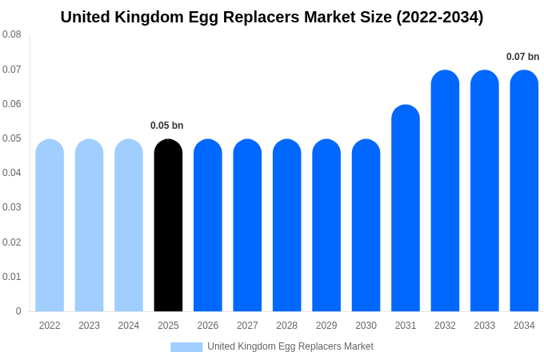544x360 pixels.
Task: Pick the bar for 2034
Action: pyautogui.click(x=524, y=191)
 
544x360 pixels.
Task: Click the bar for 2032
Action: pyautogui.click(x=445, y=191)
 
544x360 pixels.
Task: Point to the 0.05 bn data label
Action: pyautogui.click(x=167, y=126)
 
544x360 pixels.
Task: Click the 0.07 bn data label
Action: pyautogui.click(x=522, y=57)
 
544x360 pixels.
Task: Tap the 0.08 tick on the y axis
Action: pyautogui.click(x=12, y=34)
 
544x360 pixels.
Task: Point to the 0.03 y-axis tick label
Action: pyautogui.click(x=12, y=207)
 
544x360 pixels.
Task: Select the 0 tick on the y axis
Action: pyautogui.click(x=18, y=311)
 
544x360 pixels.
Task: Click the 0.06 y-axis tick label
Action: pyautogui.click(x=12, y=104)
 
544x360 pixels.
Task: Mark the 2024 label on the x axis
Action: pyautogui.click(x=129, y=326)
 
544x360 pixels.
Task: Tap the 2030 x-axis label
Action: pyautogui.click(x=366, y=326)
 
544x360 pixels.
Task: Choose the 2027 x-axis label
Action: pyautogui.click(x=247, y=326)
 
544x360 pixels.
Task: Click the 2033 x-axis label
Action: pyautogui.click(x=484, y=326)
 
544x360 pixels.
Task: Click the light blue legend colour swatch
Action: pyautogui.click(x=186, y=346)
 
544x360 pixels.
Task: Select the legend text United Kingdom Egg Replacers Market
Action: pyautogui.click(x=290, y=346)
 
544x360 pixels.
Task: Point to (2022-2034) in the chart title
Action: pyautogui.click(x=440, y=17)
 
